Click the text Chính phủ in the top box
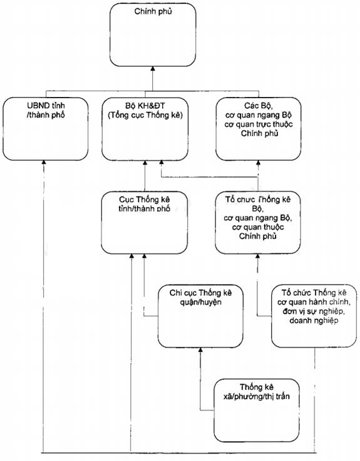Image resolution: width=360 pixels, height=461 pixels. [x=153, y=12]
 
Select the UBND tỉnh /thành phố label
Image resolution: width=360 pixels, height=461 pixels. [x=46, y=110]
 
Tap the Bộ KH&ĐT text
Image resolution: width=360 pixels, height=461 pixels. [x=145, y=106]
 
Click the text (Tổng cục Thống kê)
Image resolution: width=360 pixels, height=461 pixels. [x=145, y=115]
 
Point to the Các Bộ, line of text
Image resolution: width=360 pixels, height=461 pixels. [x=259, y=106]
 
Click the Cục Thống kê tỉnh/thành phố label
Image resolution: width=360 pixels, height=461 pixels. [x=145, y=204]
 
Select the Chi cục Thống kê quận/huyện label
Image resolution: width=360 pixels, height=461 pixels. [x=201, y=297]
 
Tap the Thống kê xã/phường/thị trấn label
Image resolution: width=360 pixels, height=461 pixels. [x=257, y=392]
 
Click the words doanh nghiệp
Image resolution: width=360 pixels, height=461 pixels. [x=314, y=320]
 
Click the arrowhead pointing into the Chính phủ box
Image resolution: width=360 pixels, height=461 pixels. [x=153, y=68]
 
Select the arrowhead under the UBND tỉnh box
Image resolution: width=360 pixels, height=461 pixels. [x=44, y=162]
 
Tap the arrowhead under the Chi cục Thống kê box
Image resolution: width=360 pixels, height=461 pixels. [x=201, y=350]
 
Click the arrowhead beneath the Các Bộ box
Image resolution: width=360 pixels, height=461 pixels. [x=259, y=162]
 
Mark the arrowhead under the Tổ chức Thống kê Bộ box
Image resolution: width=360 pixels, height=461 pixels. [x=258, y=256]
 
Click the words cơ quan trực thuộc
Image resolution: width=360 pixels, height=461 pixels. [x=259, y=124]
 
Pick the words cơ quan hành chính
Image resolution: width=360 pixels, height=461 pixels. [x=314, y=302]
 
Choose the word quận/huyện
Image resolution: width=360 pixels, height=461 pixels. [x=201, y=302]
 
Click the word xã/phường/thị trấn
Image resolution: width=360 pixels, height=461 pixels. [x=257, y=397]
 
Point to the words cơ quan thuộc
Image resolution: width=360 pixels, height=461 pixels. [x=258, y=227]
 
